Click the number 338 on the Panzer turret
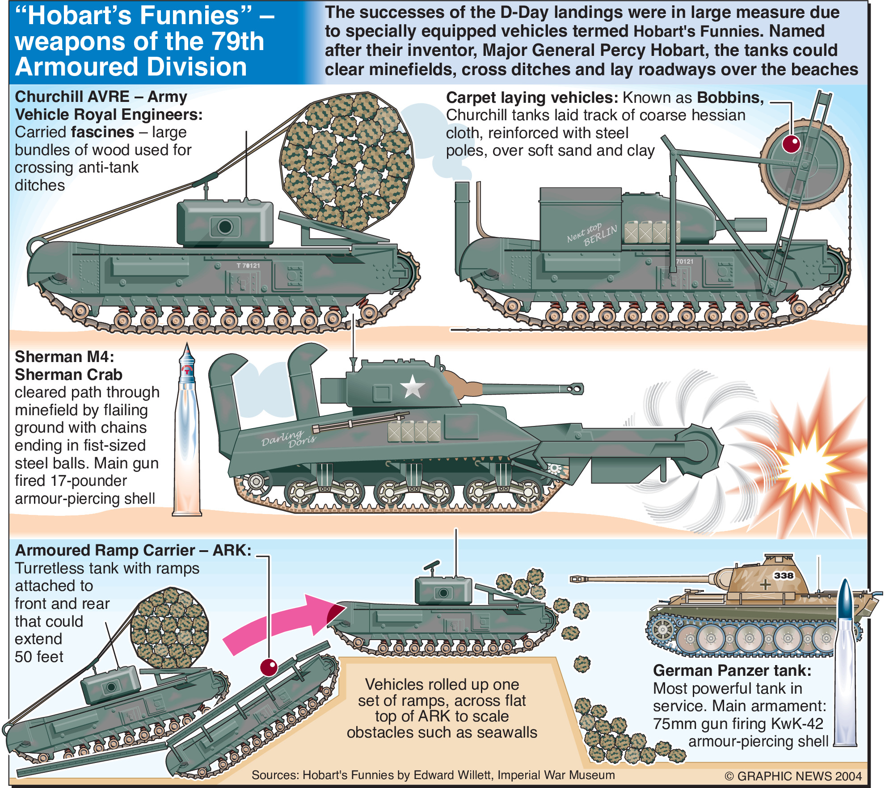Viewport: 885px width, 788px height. point(784,575)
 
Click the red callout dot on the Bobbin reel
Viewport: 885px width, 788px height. point(791,144)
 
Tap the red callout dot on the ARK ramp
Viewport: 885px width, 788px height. point(269,667)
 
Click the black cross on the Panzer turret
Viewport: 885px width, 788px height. point(765,584)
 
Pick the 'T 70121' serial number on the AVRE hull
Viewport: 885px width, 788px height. point(248,265)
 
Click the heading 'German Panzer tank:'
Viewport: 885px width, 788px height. point(732,670)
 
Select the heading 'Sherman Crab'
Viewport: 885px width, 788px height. point(68,375)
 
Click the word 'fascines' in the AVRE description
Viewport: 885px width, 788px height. point(102,132)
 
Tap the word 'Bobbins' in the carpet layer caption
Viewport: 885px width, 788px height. point(730,97)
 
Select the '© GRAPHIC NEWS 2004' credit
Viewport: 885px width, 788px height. point(792,776)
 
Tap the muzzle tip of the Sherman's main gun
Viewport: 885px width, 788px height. point(576,389)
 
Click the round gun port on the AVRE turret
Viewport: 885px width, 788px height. point(225,227)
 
